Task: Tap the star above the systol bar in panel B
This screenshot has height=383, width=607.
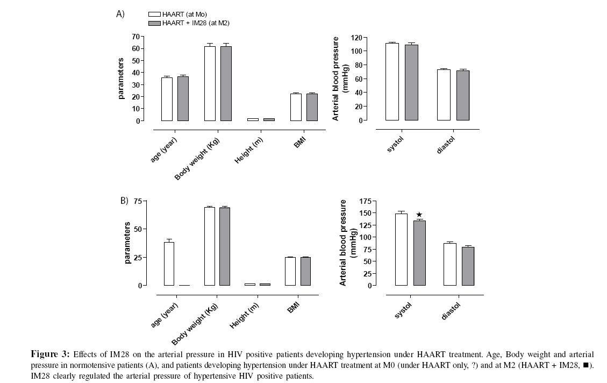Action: pyautogui.click(x=419, y=215)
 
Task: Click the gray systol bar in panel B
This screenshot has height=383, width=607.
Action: pyautogui.click(x=419, y=253)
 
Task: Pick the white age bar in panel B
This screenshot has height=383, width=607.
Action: pyautogui.click(x=169, y=264)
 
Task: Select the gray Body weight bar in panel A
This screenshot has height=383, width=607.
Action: pyautogui.click(x=226, y=83)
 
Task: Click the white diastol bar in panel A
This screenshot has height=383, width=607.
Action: pyautogui.click(x=444, y=95)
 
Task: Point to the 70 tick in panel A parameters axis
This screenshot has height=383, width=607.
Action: pyautogui.click(x=135, y=37)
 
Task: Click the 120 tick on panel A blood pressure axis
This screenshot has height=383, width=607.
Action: pyautogui.click(x=355, y=38)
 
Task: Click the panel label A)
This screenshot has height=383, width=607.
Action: pyautogui.click(x=120, y=15)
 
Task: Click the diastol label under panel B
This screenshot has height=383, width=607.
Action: pyautogui.click(x=451, y=310)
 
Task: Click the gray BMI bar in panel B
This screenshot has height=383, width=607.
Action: pyautogui.click(x=306, y=271)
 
